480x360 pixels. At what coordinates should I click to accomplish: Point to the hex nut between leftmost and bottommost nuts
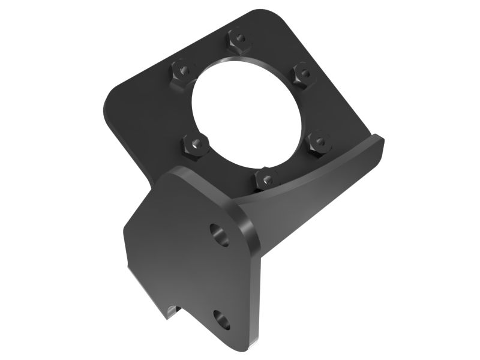(195, 145)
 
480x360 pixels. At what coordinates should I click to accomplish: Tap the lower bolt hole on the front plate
(221, 320)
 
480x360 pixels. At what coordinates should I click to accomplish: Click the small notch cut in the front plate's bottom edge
(171, 310)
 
